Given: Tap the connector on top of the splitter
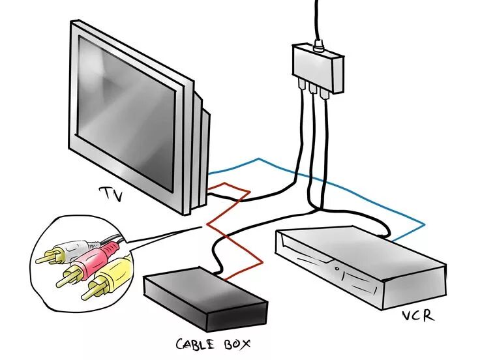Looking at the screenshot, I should [318, 47].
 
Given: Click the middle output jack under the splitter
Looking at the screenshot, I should [312, 87].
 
